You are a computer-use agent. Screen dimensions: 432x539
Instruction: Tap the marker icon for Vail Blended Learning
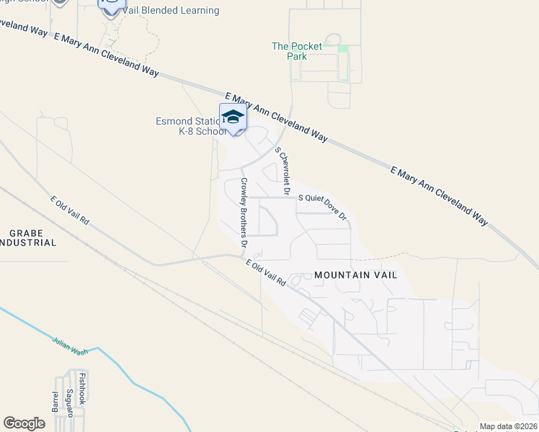pos(111,6)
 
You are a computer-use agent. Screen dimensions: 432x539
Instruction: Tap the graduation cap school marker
pos(233,117)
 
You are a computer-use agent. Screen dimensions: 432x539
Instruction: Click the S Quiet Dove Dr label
pos(323,206)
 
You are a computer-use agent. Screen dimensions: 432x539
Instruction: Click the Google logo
pos(24,423)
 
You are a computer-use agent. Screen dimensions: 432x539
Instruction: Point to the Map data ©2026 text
pos(507,426)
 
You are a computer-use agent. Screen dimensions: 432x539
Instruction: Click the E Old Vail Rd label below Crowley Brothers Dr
pos(266,274)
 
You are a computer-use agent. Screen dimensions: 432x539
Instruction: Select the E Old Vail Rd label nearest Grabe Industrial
pos(69,211)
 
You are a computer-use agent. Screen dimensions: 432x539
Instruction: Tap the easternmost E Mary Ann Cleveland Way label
pos(439,196)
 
